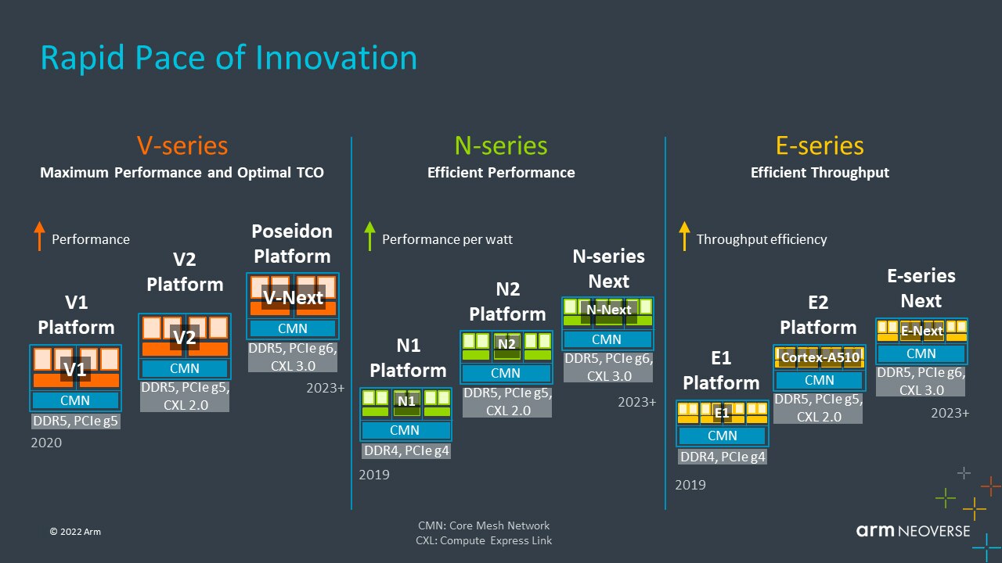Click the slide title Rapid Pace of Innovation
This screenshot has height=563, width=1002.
pyautogui.click(x=229, y=59)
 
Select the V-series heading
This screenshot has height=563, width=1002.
pyautogui.click(x=182, y=145)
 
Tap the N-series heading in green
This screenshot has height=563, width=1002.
pyautogui.click(x=501, y=145)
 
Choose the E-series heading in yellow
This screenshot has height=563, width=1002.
pyautogui.click(x=820, y=145)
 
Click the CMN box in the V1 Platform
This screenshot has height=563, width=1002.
pyautogui.click(x=75, y=400)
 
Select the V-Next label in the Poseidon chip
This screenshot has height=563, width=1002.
pyautogui.click(x=293, y=297)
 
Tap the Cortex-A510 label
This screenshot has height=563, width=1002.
pyautogui.click(x=820, y=357)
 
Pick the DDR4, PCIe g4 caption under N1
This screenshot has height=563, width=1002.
pyautogui.click(x=406, y=450)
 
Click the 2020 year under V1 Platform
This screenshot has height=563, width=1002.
pyautogui.click(x=45, y=443)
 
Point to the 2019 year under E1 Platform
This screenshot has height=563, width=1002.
pyautogui.click(x=690, y=485)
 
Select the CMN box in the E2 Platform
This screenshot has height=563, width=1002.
pyautogui.click(x=820, y=380)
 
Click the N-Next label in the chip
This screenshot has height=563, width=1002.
pyautogui.click(x=608, y=310)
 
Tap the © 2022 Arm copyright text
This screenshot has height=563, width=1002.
pyautogui.click(x=74, y=532)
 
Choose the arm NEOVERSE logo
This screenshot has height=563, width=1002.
pyautogui.click(x=912, y=532)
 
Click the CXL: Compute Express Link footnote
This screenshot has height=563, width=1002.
pyautogui.click(x=484, y=540)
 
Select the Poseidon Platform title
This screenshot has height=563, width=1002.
pyautogui.click(x=292, y=243)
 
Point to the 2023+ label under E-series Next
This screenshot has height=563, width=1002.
pyautogui.click(x=950, y=413)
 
